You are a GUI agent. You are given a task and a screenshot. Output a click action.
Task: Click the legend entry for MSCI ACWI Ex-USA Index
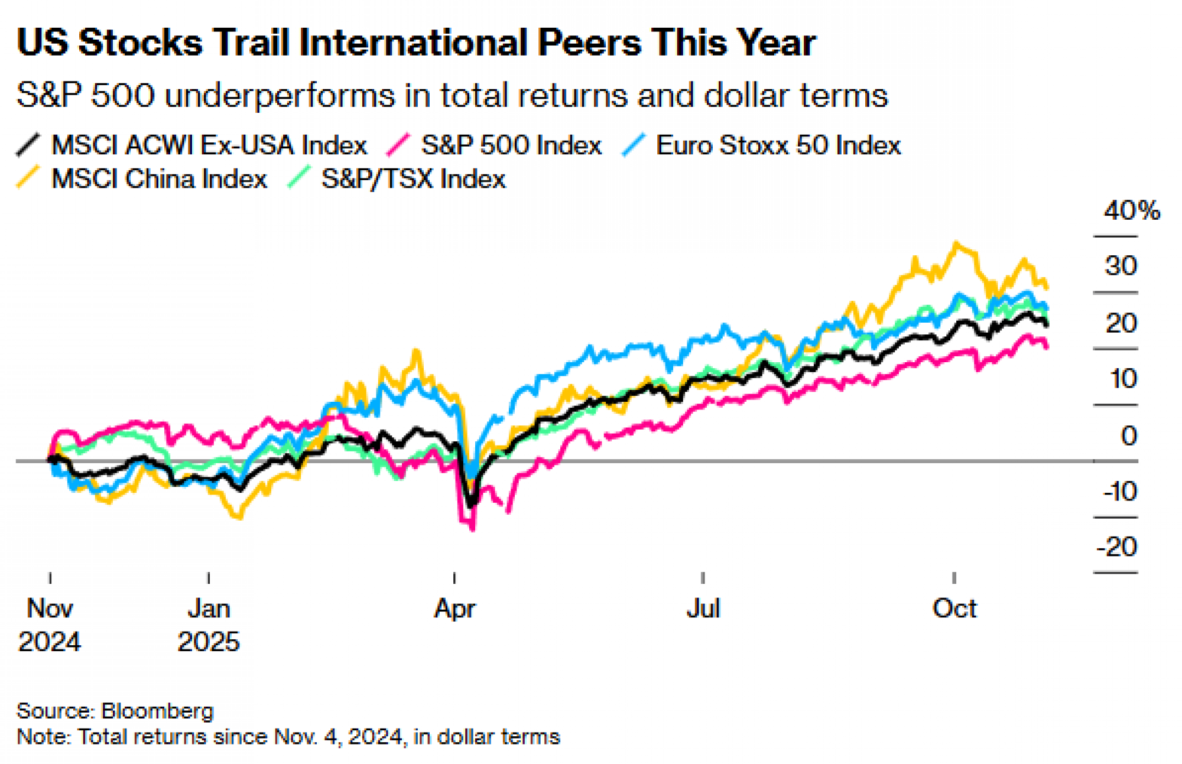(209, 145)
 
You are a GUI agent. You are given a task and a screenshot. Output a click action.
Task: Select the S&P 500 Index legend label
(511, 145)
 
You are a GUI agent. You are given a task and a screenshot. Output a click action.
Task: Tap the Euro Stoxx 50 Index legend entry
(778, 145)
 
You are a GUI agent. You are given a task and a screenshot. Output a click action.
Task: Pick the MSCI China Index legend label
(159, 179)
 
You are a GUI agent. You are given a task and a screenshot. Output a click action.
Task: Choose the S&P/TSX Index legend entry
(413, 179)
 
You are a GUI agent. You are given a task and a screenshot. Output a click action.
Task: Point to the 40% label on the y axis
(1131, 211)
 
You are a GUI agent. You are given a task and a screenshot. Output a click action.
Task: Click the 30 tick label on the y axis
(1121, 266)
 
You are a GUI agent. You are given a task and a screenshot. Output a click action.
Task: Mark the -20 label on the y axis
(1116, 547)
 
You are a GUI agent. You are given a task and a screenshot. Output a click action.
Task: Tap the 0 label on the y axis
(1129, 436)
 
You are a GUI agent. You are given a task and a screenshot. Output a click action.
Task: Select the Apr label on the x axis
(454, 609)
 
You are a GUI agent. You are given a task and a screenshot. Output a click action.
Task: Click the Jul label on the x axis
(703, 609)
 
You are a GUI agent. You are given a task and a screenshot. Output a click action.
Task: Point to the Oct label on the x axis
(954, 609)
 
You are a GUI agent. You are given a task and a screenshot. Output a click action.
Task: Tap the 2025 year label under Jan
(209, 642)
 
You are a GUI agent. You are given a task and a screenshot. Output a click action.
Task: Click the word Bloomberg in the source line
(157, 711)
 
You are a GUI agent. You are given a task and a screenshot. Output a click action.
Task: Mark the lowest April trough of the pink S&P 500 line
(472, 529)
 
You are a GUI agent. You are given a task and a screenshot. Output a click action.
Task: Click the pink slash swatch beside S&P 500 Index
(398, 145)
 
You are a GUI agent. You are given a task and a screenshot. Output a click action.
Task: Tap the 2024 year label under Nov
(50, 642)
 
